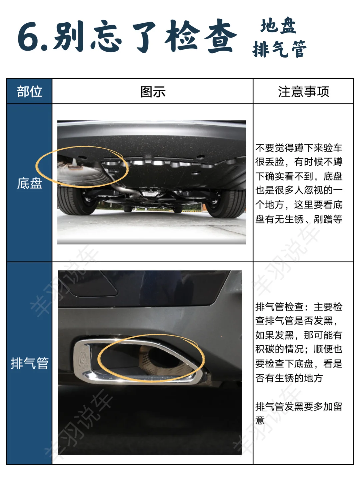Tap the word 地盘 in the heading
(x=278, y=26)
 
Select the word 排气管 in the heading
(x=280, y=49)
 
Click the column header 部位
(x=30, y=91)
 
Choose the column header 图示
(x=153, y=92)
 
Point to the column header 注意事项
(x=304, y=91)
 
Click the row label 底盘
(x=30, y=183)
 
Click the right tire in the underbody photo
(x=226, y=203)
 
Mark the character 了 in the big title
(x=144, y=37)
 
